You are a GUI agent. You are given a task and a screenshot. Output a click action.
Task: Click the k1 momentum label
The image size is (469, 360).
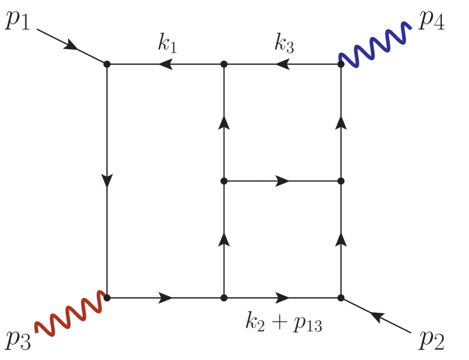point(167,44)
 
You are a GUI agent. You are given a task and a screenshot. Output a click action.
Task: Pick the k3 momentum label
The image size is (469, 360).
point(284,44)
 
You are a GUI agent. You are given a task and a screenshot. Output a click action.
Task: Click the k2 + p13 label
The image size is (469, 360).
point(284,323)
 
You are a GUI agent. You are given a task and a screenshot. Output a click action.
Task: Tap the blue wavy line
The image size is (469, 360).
point(375,43)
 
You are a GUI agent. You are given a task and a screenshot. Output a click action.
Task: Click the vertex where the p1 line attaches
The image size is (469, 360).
point(106,64)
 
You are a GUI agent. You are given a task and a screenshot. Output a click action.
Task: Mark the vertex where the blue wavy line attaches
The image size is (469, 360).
point(341,64)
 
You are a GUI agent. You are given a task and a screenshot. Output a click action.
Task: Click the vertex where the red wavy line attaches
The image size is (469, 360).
point(106,298)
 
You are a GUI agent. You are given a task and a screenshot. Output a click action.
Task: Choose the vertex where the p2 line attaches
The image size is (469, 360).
point(341,298)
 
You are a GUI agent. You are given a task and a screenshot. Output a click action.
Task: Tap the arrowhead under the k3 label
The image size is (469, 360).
point(287,64)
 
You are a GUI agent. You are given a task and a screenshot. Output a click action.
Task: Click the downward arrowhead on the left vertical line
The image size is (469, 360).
point(106,180)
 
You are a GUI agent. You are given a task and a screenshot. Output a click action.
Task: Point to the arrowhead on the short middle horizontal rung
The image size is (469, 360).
point(283,181)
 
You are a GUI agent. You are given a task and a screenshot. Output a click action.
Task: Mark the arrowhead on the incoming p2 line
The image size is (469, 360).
point(377,317)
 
